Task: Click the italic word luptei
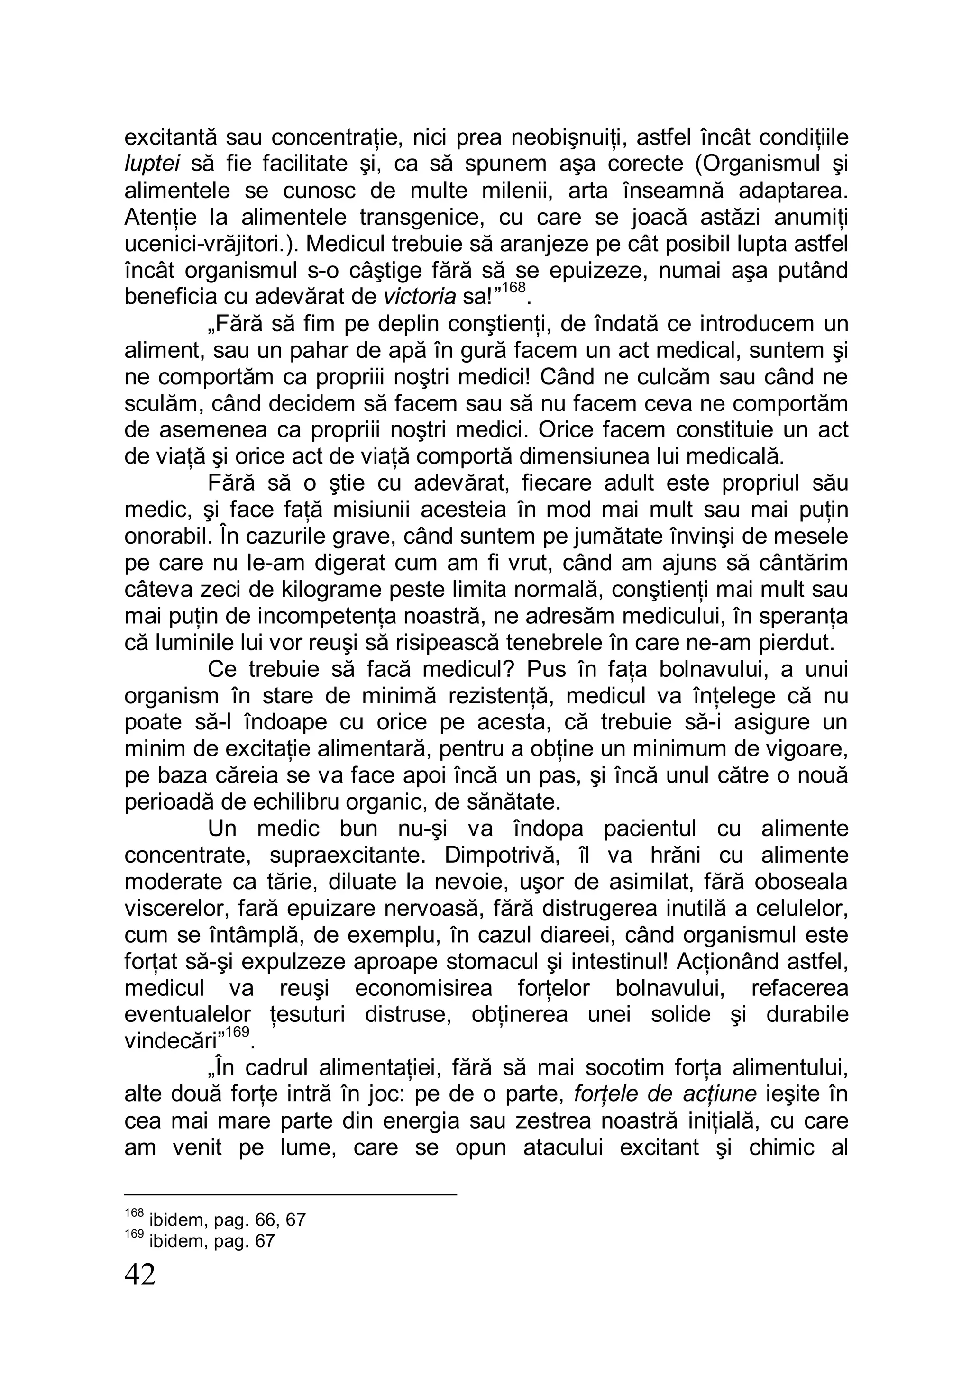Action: [152, 164]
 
